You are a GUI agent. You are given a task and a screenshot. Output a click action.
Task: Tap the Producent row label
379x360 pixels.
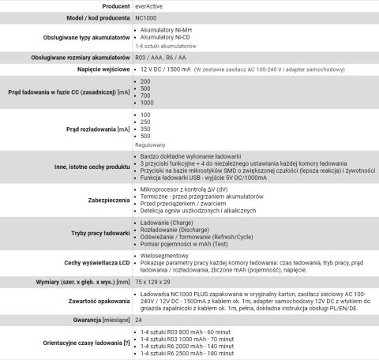[x=110, y=6]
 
